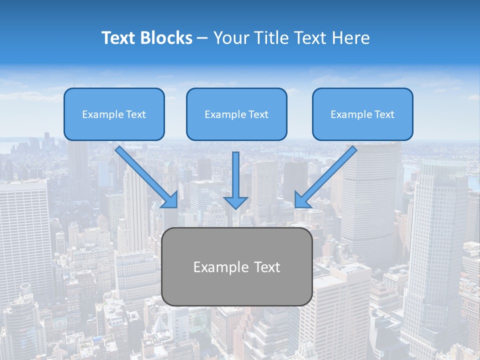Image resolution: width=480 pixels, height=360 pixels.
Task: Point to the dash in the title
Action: click(x=202, y=38)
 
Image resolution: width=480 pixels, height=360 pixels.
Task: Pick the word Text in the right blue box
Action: click(x=384, y=114)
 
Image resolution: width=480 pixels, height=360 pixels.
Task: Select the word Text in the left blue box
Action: click(x=136, y=114)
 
